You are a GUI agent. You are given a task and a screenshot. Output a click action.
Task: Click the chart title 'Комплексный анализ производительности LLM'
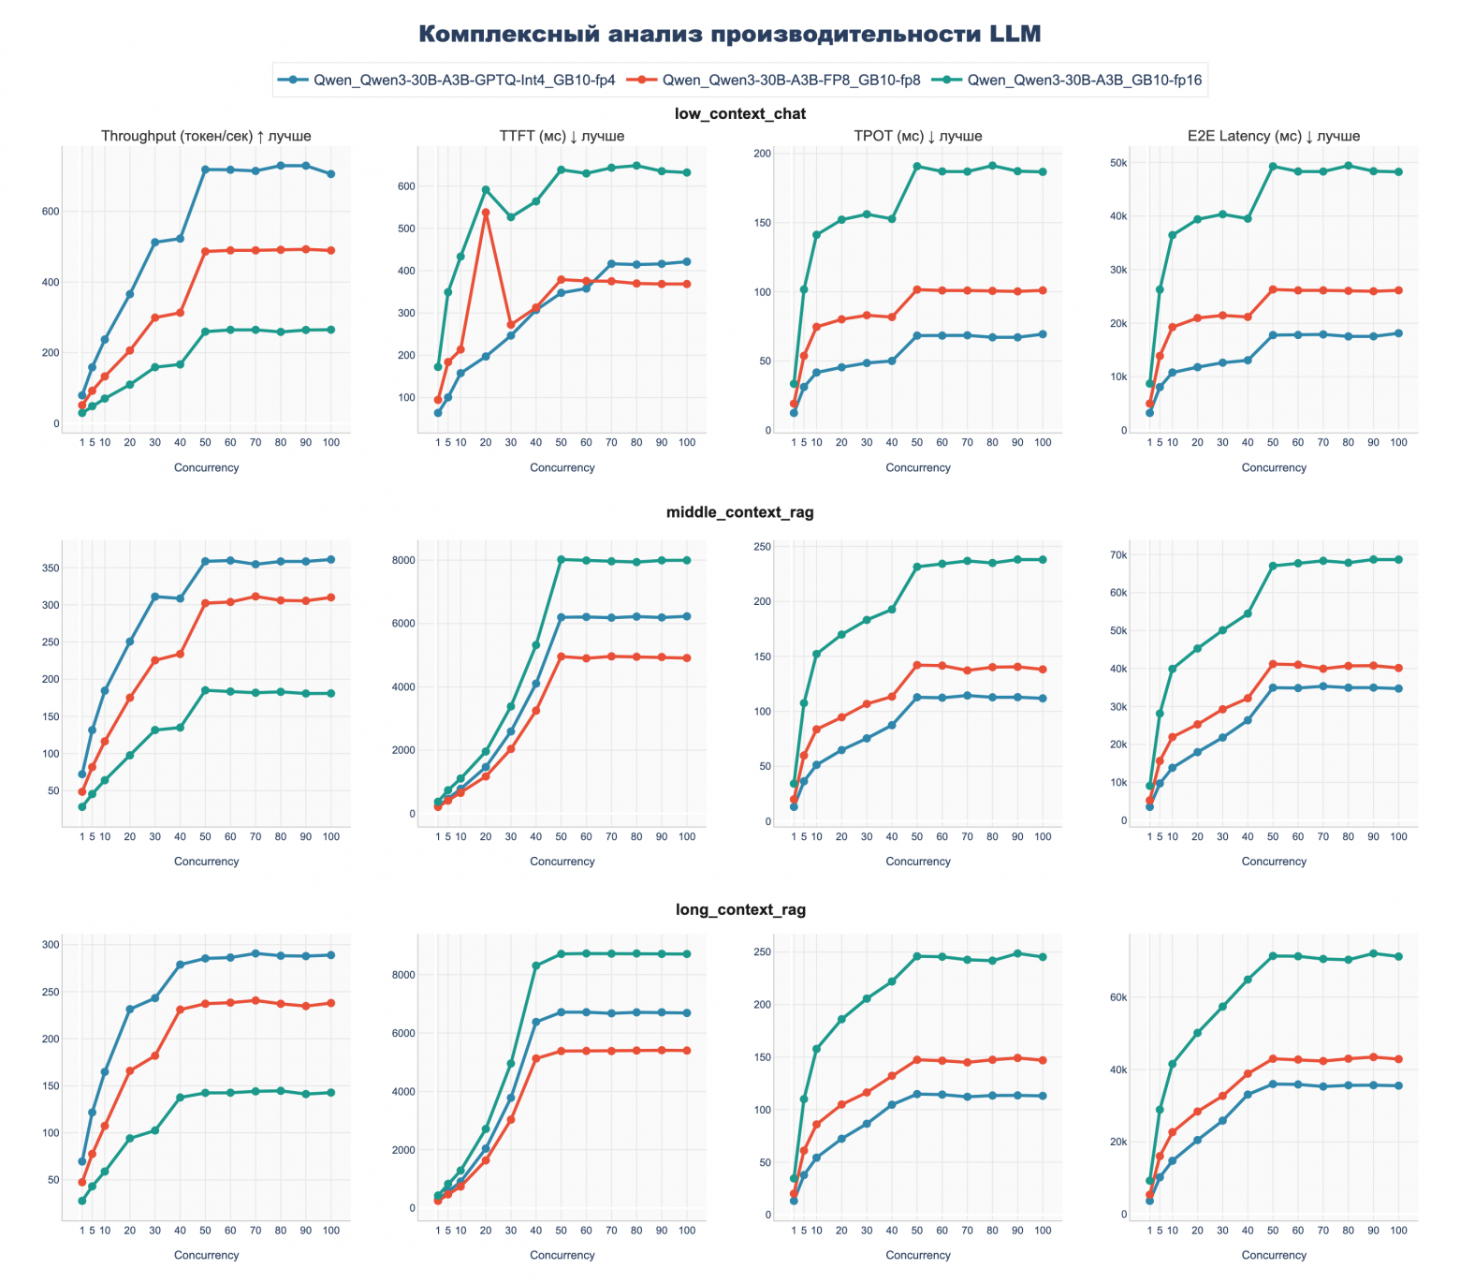pyautogui.click(x=729, y=35)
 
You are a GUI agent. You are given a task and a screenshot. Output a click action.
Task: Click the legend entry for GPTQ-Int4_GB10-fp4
pyautogui.click(x=463, y=81)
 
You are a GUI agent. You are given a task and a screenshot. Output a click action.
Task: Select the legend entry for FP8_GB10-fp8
pyautogui.click(x=791, y=81)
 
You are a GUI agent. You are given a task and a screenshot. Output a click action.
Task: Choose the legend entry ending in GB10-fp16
pyautogui.click(x=1084, y=81)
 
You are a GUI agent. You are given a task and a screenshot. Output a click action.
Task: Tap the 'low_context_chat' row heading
pyautogui.click(x=739, y=114)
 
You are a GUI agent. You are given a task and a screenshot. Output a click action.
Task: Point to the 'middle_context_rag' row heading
pyautogui.click(x=739, y=512)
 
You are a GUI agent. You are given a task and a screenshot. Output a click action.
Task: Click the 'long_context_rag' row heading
pyautogui.click(x=739, y=910)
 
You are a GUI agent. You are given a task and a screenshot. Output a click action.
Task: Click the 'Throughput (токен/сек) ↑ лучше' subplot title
pyautogui.click(x=206, y=137)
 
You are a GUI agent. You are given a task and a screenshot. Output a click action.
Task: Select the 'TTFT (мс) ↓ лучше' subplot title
pyautogui.click(x=562, y=137)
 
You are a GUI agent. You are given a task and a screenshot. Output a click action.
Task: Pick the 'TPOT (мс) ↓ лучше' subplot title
pyautogui.click(x=918, y=137)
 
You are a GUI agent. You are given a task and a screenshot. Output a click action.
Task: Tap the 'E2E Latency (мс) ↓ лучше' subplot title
pyautogui.click(x=1274, y=137)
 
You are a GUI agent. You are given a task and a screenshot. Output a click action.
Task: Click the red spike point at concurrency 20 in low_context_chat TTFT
pyautogui.click(x=486, y=213)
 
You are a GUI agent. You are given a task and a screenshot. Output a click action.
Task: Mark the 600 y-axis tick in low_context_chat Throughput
pyautogui.click(x=50, y=212)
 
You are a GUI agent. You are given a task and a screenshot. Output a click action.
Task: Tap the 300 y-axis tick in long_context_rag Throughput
pyautogui.click(x=50, y=945)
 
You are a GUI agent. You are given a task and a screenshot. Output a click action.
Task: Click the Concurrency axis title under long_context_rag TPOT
pyautogui.click(x=918, y=1256)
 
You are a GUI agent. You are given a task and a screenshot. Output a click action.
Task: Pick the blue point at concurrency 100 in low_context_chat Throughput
pyautogui.click(x=330, y=174)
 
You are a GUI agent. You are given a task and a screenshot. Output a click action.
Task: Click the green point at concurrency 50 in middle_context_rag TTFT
pyautogui.click(x=562, y=560)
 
